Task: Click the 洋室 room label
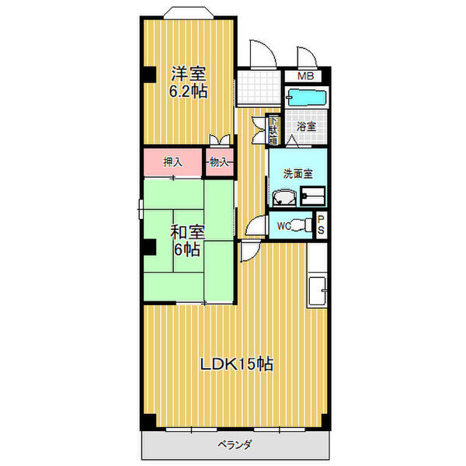(188, 74)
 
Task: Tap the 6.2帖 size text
(188, 92)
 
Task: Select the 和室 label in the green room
(187, 232)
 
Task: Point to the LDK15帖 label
(237, 363)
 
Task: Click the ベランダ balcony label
(235, 444)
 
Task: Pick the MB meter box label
(305, 76)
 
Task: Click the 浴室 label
(306, 127)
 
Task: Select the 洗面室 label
(297, 174)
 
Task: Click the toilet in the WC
(301, 225)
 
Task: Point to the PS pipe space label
(321, 225)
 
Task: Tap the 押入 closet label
(172, 162)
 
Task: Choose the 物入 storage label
(219, 162)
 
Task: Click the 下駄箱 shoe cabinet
(273, 130)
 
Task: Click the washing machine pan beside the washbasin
(313, 196)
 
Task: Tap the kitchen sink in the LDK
(318, 291)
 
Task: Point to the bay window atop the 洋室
(189, 12)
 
